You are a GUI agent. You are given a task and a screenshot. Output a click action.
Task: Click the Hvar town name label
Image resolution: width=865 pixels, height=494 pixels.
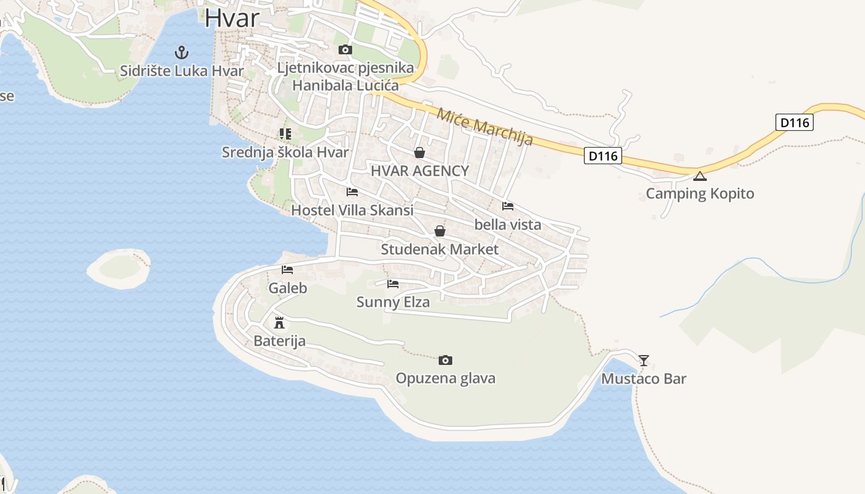(232, 17)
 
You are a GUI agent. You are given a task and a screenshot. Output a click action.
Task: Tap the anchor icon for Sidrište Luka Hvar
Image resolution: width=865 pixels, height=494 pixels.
(182, 52)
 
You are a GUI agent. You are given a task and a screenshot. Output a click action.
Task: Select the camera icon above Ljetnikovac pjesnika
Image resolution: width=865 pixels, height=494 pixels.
(345, 49)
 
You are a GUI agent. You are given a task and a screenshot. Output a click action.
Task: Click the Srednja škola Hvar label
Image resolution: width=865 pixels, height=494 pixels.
(285, 153)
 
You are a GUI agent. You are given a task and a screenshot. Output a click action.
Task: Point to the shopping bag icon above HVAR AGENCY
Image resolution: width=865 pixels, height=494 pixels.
(420, 152)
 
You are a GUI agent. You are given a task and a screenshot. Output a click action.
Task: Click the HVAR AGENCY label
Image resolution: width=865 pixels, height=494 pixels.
(420, 171)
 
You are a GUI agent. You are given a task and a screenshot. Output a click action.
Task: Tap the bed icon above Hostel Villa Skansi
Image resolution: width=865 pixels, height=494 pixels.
(352, 191)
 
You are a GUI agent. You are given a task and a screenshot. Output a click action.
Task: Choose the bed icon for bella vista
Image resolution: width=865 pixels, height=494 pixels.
(508, 206)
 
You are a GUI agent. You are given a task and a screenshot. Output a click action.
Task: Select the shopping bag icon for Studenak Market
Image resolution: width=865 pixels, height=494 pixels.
(440, 231)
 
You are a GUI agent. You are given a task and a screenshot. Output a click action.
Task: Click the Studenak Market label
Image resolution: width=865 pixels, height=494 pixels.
(439, 249)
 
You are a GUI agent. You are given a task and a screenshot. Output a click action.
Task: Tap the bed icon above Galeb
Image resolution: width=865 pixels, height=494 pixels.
(287, 269)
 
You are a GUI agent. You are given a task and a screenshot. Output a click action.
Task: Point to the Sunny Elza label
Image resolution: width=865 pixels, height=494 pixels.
(393, 303)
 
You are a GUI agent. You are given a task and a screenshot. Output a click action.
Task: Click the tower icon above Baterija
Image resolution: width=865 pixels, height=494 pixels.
(279, 322)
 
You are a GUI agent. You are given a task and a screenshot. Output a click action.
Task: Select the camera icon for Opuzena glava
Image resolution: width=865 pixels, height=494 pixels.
(445, 360)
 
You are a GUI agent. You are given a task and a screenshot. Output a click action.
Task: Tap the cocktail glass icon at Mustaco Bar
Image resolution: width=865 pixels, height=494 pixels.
(644, 360)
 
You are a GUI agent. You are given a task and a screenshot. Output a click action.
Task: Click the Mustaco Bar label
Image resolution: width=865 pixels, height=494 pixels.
(644, 379)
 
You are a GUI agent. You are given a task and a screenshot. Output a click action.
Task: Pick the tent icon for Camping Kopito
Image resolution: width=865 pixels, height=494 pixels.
(699, 176)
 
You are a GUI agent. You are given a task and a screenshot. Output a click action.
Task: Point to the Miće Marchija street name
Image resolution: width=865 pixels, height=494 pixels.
(485, 127)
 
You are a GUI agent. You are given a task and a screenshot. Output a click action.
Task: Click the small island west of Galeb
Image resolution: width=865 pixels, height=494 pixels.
(119, 268)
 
